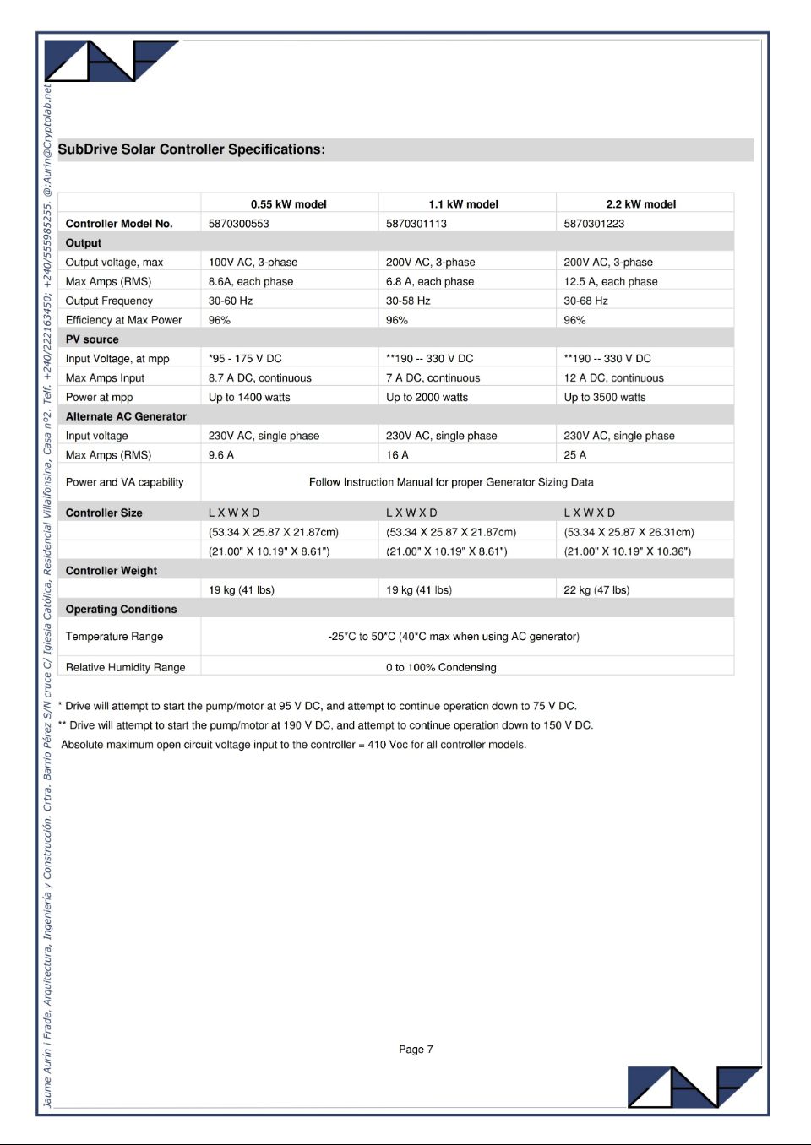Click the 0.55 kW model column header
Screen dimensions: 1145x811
click(x=288, y=204)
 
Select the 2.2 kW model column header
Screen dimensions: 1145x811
click(x=640, y=204)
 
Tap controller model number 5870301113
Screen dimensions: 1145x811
click(x=416, y=224)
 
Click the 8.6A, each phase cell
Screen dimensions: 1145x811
click(x=251, y=282)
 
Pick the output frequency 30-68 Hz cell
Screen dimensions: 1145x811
click(x=585, y=301)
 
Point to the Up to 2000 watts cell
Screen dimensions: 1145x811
click(x=427, y=398)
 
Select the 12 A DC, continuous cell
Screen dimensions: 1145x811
click(x=613, y=378)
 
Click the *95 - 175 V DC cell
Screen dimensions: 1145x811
click(x=245, y=359)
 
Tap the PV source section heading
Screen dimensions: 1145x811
click(x=92, y=339)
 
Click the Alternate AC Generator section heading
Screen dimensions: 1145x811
click(x=126, y=416)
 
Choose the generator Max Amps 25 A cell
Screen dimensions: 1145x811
click(x=574, y=455)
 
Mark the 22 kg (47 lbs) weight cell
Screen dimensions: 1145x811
click(x=596, y=590)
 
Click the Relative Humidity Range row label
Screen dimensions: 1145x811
click(x=125, y=667)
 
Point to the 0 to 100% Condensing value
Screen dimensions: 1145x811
click(x=441, y=667)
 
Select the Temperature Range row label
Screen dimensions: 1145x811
click(x=114, y=637)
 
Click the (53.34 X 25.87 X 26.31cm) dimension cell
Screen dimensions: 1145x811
click(x=629, y=532)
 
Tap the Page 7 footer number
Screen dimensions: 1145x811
click(x=416, y=1050)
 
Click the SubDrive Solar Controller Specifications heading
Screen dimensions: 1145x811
click(x=191, y=149)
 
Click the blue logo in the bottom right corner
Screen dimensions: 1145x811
click(x=693, y=1087)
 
